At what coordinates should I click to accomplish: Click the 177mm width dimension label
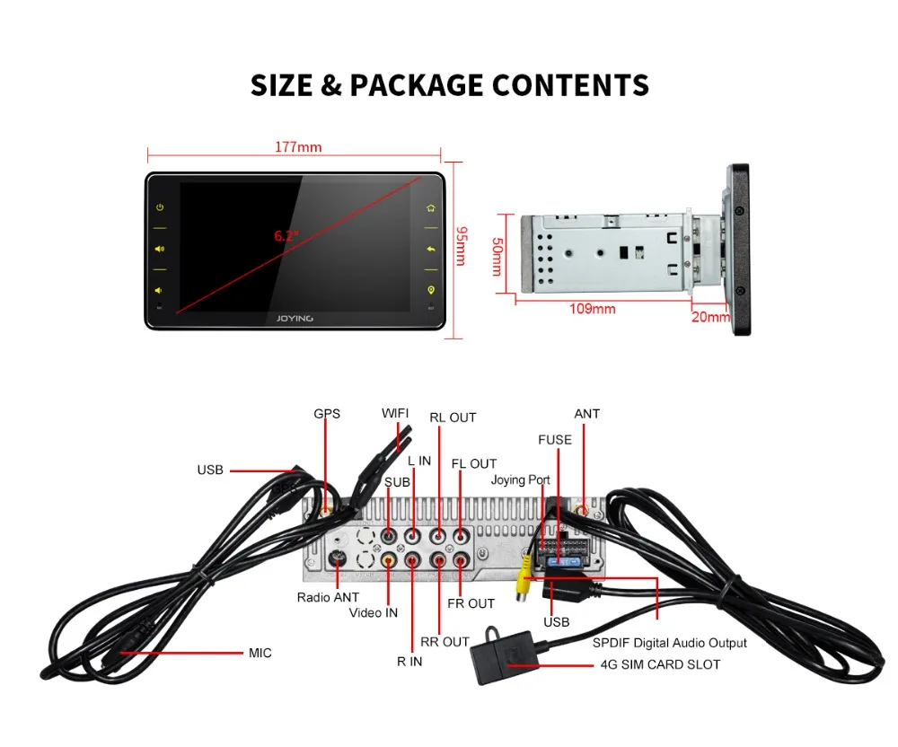pos(296,147)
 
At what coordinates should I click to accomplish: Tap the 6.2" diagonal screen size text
pos(286,236)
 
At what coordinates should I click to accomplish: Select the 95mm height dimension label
pos(460,245)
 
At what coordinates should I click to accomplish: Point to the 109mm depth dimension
pos(592,308)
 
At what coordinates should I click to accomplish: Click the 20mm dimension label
pos(710,316)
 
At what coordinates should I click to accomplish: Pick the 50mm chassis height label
pos(497,256)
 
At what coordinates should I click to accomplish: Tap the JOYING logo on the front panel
pos(295,318)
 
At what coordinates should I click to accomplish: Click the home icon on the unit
pos(431,208)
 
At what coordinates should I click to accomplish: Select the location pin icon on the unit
pos(431,290)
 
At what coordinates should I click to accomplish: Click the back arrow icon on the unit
pos(431,250)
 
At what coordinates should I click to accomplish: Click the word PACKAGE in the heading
pos(414,85)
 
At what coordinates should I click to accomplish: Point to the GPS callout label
pos(327,414)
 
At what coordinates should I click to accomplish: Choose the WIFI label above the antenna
pos(395,413)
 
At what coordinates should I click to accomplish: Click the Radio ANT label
pos(328,597)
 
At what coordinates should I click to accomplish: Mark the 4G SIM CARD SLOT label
pos(659,665)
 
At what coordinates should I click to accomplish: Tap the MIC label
pos(260,653)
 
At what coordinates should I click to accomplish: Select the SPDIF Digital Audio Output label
pos(669,643)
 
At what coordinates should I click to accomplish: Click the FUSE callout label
pos(554,440)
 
